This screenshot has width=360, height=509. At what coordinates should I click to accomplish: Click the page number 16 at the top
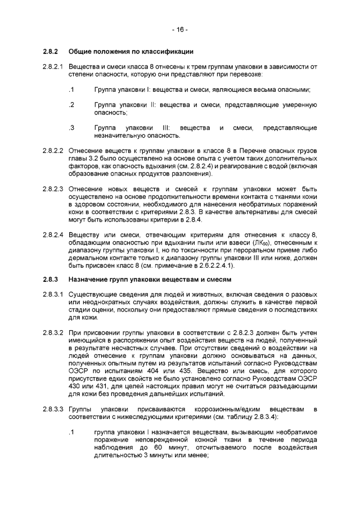coord(180,29)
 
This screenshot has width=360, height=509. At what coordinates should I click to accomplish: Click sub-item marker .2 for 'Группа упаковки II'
coord(71,105)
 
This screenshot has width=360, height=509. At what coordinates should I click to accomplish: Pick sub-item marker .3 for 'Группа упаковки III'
coord(71,128)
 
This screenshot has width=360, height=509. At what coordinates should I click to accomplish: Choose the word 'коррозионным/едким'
coord(225,406)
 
